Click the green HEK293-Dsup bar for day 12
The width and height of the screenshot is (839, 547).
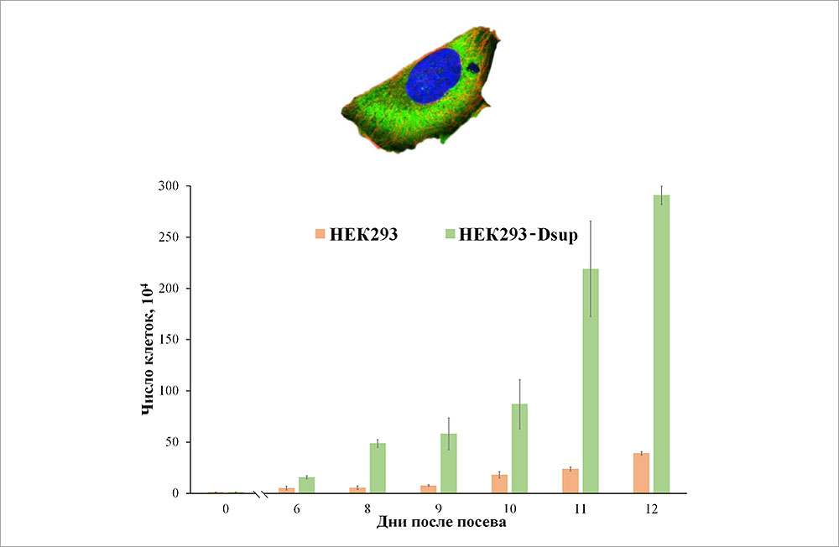click(x=662, y=344)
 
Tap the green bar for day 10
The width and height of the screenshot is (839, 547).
click(x=519, y=448)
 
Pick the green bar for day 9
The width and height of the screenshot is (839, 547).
click(x=449, y=462)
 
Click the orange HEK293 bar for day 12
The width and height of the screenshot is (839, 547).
click(x=641, y=473)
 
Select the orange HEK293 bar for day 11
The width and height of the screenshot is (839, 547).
click(x=571, y=481)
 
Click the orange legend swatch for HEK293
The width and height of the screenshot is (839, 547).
click(x=320, y=234)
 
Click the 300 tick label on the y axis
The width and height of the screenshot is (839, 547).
click(x=170, y=186)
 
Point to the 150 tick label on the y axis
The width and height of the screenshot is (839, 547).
click(x=170, y=340)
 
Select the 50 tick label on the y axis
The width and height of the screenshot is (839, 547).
click(x=174, y=442)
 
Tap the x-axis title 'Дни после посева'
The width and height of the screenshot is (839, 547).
click(x=440, y=523)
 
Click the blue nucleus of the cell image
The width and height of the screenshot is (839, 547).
click(x=435, y=76)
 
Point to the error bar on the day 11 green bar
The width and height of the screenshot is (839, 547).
click(x=591, y=268)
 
